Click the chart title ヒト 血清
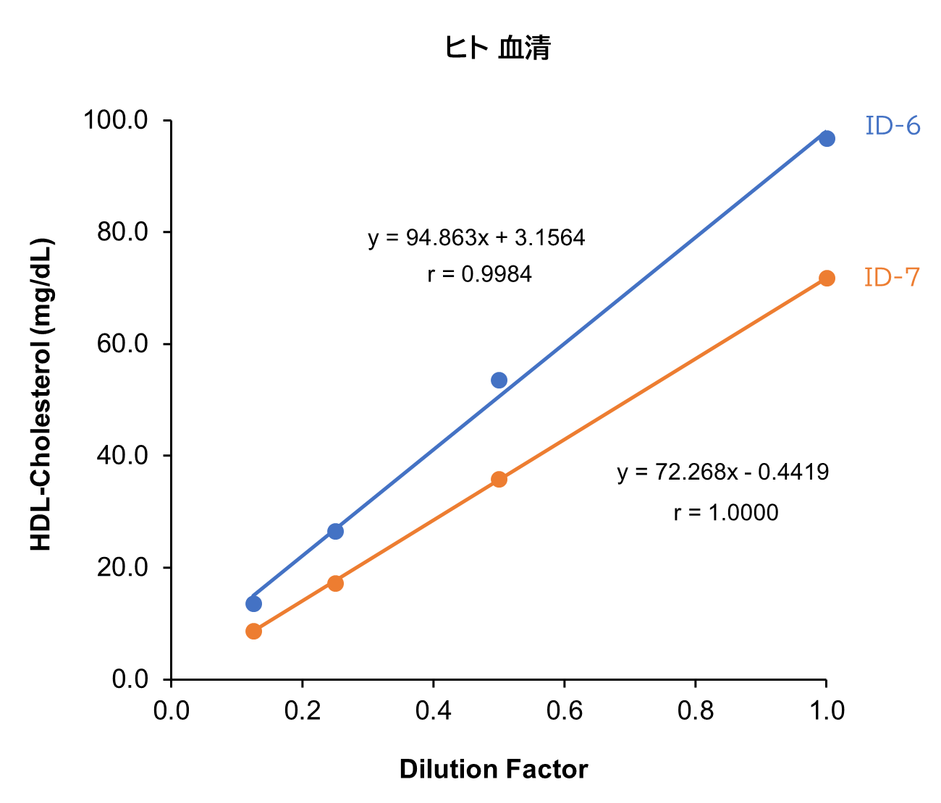click(497, 48)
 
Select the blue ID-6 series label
click(893, 127)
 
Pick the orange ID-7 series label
click(892, 277)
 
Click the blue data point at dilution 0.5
click(499, 380)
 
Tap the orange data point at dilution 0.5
click(499, 479)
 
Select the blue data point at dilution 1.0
click(827, 138)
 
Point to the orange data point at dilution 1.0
click(827, 279)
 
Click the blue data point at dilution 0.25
click(335, 531)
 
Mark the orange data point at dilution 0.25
click(335, 583)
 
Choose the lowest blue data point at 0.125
click(253, 603)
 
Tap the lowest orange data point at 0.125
click(253, 631)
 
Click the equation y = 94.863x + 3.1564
click(476, 238)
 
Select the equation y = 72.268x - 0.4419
click(722, 472)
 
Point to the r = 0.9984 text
click(479, 275)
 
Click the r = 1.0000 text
click(725, 513)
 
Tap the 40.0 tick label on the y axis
click(122, 456)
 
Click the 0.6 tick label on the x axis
click(564, 711)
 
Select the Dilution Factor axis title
click(493, 769)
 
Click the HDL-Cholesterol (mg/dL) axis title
click(42, 394)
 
